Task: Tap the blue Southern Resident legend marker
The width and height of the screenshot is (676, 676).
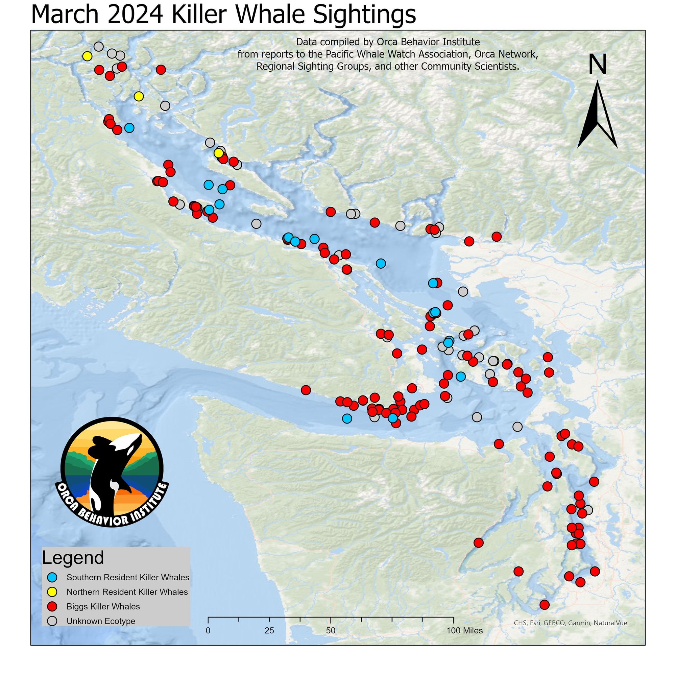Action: tap(52, 577)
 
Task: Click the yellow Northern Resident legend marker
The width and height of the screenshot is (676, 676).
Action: tap(52, 592)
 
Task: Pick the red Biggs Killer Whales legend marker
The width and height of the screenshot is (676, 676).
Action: tap(52, 606)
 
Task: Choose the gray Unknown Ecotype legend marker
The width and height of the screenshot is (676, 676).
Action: tap(52, 621)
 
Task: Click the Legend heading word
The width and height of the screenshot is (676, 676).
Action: tap(73, 558)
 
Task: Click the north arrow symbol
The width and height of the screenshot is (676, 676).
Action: tap(597, 116)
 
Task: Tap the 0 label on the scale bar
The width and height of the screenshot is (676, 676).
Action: tap(208, 631)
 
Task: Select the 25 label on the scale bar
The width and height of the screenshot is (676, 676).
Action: tap(269, 631)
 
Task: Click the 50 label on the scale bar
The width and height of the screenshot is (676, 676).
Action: tap(331, 631)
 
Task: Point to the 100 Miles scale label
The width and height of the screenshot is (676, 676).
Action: tap(465, 631)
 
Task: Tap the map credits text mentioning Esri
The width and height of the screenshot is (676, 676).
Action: tap(570, 623)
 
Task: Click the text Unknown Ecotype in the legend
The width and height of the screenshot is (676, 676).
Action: tap(101, 621)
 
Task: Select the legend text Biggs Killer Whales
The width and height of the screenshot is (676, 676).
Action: tap(103, 606)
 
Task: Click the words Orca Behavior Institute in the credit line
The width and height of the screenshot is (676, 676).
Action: tap(428, 42)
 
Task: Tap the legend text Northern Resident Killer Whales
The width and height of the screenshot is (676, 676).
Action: tap(127, 592)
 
